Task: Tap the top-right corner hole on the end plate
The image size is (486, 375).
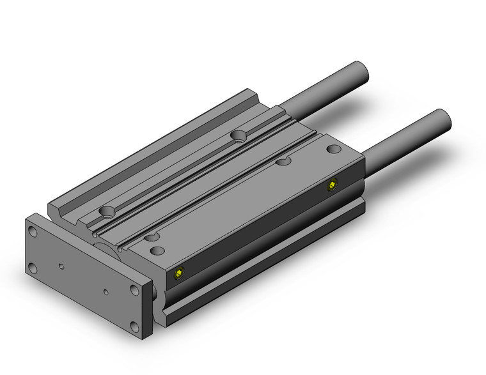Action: (x=133, y=291)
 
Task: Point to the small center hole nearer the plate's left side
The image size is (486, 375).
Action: (x=61, y=263)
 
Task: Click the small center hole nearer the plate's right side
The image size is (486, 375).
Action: (x=106, y=293)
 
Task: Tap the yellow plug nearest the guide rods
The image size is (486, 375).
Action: (x=332, y=185)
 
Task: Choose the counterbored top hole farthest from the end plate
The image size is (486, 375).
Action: (x=239, y=135)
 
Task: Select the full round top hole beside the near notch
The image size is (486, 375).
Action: (x=157, y=250)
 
